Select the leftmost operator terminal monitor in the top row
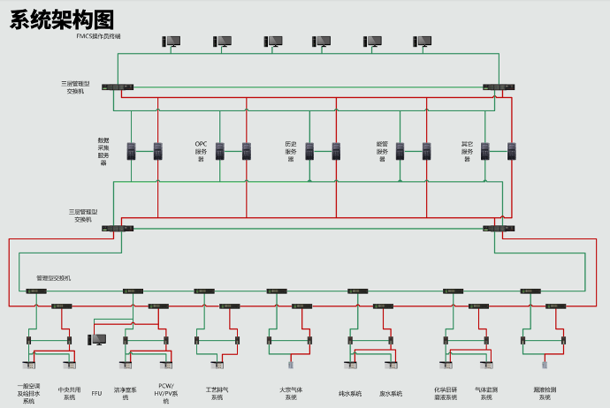coord(172,41)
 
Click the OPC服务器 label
coord(201,151)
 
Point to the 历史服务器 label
coord(290,151)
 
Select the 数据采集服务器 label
coord(103,151)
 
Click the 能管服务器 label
coord(382,151)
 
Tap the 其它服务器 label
coord(467,151)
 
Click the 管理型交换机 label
coord(53,278)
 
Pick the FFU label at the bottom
coord(97,394)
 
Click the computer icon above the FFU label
coord(98,339)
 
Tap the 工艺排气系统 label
coord(217,393)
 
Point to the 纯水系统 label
coord(350,394)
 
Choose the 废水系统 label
coord(391,394)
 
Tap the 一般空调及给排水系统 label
coord(28,394)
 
